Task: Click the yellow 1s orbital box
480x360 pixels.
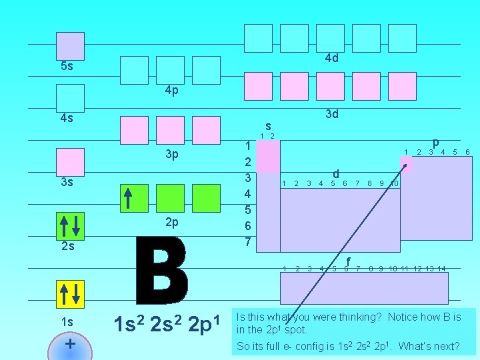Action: point(70,293)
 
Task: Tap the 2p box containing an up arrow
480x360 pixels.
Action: point(134,197)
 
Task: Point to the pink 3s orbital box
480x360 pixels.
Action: point(70,162)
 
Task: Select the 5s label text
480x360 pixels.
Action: point(67,67)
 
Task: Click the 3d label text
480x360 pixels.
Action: point(331,114)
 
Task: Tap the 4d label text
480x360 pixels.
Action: point(331,58)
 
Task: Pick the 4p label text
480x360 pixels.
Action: point(171,91)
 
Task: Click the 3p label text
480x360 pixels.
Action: point(171,155)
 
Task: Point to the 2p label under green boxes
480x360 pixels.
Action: point(171,221)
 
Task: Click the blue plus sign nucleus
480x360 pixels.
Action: point(70,345)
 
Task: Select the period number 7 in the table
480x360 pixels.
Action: point(247,241)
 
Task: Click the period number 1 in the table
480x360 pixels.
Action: point(247,146)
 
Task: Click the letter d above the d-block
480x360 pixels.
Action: point(336,173)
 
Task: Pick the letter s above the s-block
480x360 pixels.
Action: point(267,125)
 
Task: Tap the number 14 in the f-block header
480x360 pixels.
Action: point(441,269)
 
